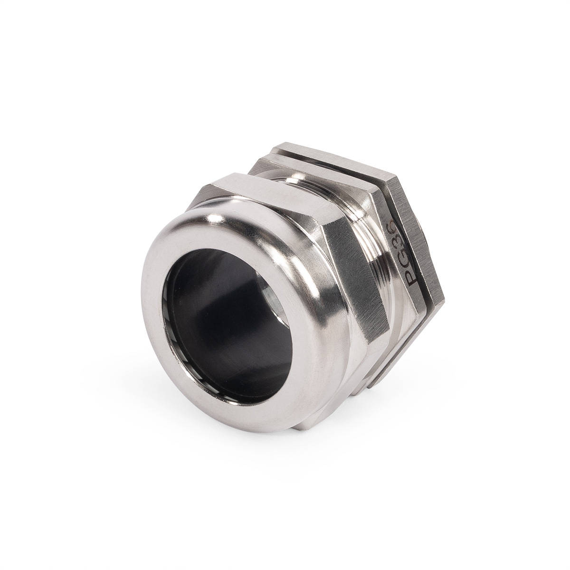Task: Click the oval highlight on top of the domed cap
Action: coord(215,219)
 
